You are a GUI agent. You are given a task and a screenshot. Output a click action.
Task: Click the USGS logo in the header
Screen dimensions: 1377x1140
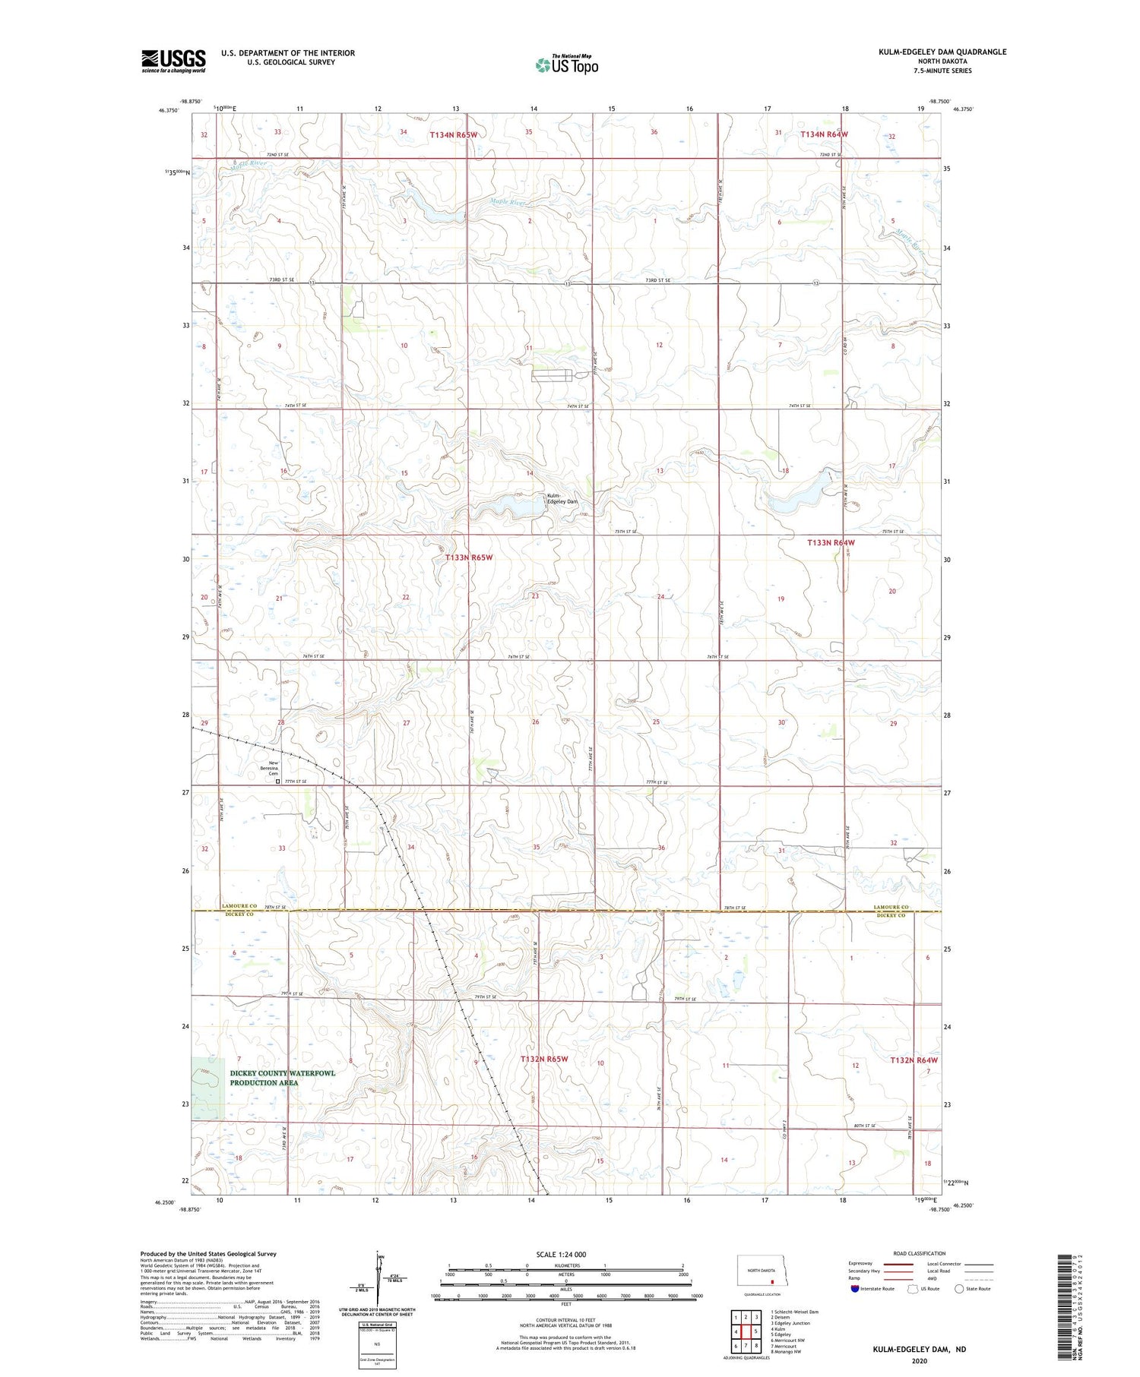(x=173, y=61)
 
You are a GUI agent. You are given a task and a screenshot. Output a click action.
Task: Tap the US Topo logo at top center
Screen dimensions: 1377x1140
(x=567, y=65)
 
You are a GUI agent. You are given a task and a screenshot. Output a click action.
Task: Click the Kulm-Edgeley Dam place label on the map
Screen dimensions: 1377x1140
(x=562, y=499)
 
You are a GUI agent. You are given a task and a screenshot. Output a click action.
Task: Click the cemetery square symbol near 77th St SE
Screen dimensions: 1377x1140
(x=277, y=781)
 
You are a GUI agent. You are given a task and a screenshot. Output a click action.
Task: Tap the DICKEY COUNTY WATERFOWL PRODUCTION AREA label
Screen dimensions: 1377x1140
(x=282, y=1078)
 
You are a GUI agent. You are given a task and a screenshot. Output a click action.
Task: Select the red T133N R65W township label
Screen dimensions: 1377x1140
(x=469, y=557)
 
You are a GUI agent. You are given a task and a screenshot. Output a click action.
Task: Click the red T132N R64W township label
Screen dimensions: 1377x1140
(x=914, y=1060)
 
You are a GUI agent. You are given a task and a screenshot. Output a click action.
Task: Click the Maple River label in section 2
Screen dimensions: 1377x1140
(x=508, y=203)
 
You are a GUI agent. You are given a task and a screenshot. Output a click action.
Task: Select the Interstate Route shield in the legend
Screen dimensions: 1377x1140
(x=855, y=1289)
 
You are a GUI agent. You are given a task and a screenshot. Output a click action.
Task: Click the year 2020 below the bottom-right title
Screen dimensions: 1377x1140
(x=918, y=1360)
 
